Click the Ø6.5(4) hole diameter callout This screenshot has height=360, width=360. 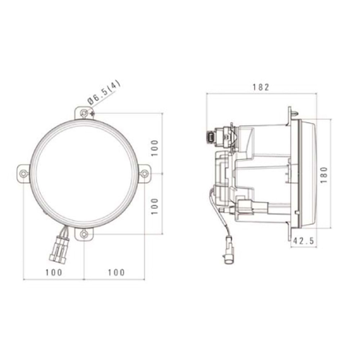click(x=104, y=93)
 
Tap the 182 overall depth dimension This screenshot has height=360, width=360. click(x=261, y=87)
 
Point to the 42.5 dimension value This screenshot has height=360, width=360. click(x=303, y=240)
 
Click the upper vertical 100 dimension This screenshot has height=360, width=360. click(x=154, y=148)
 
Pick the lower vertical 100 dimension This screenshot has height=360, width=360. click(x=154, y=206)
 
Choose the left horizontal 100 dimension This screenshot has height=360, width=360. click(x=54, y=272)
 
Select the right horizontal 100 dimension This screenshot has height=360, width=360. click(x=116, y=272)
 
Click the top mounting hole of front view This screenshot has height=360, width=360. click(x=84, y=113)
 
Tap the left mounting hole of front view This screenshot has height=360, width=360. click(x=24, y=174)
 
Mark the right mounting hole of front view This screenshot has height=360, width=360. click(x=144, y=174)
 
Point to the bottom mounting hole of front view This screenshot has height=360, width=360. click(x=84, y=234)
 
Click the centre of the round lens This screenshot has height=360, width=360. click(x=84, y=174)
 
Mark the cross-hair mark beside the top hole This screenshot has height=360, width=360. click(x=93, y=114)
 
